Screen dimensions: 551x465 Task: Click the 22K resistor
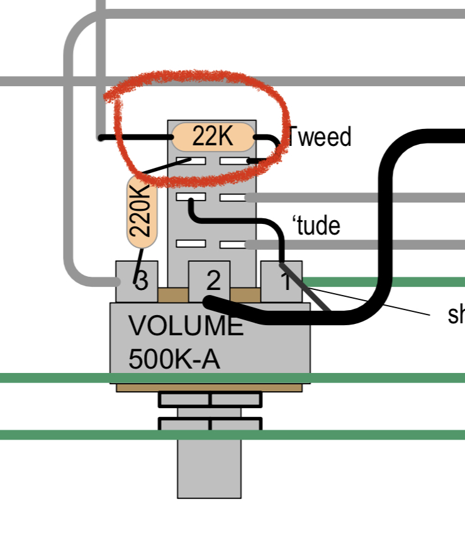click(x=213, y=136)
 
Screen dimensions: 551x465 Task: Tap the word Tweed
click(x=320, y=136)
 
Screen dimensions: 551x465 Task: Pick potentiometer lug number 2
click(x=210, y=278)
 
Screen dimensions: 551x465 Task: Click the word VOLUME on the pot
click(x=185, y=327)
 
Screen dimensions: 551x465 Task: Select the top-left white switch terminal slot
click(x=191, y=161)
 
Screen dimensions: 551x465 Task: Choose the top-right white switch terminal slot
click(x=233, y=161)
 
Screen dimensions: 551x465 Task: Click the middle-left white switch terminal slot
click(x=191, y=198)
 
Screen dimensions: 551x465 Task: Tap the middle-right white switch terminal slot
click(x=233, y=198)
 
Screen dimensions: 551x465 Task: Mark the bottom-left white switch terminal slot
click(x=191, y=243)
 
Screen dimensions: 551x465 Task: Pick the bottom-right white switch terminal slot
click(x=233, y=243)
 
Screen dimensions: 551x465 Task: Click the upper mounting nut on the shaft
click(x=210, y=399)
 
